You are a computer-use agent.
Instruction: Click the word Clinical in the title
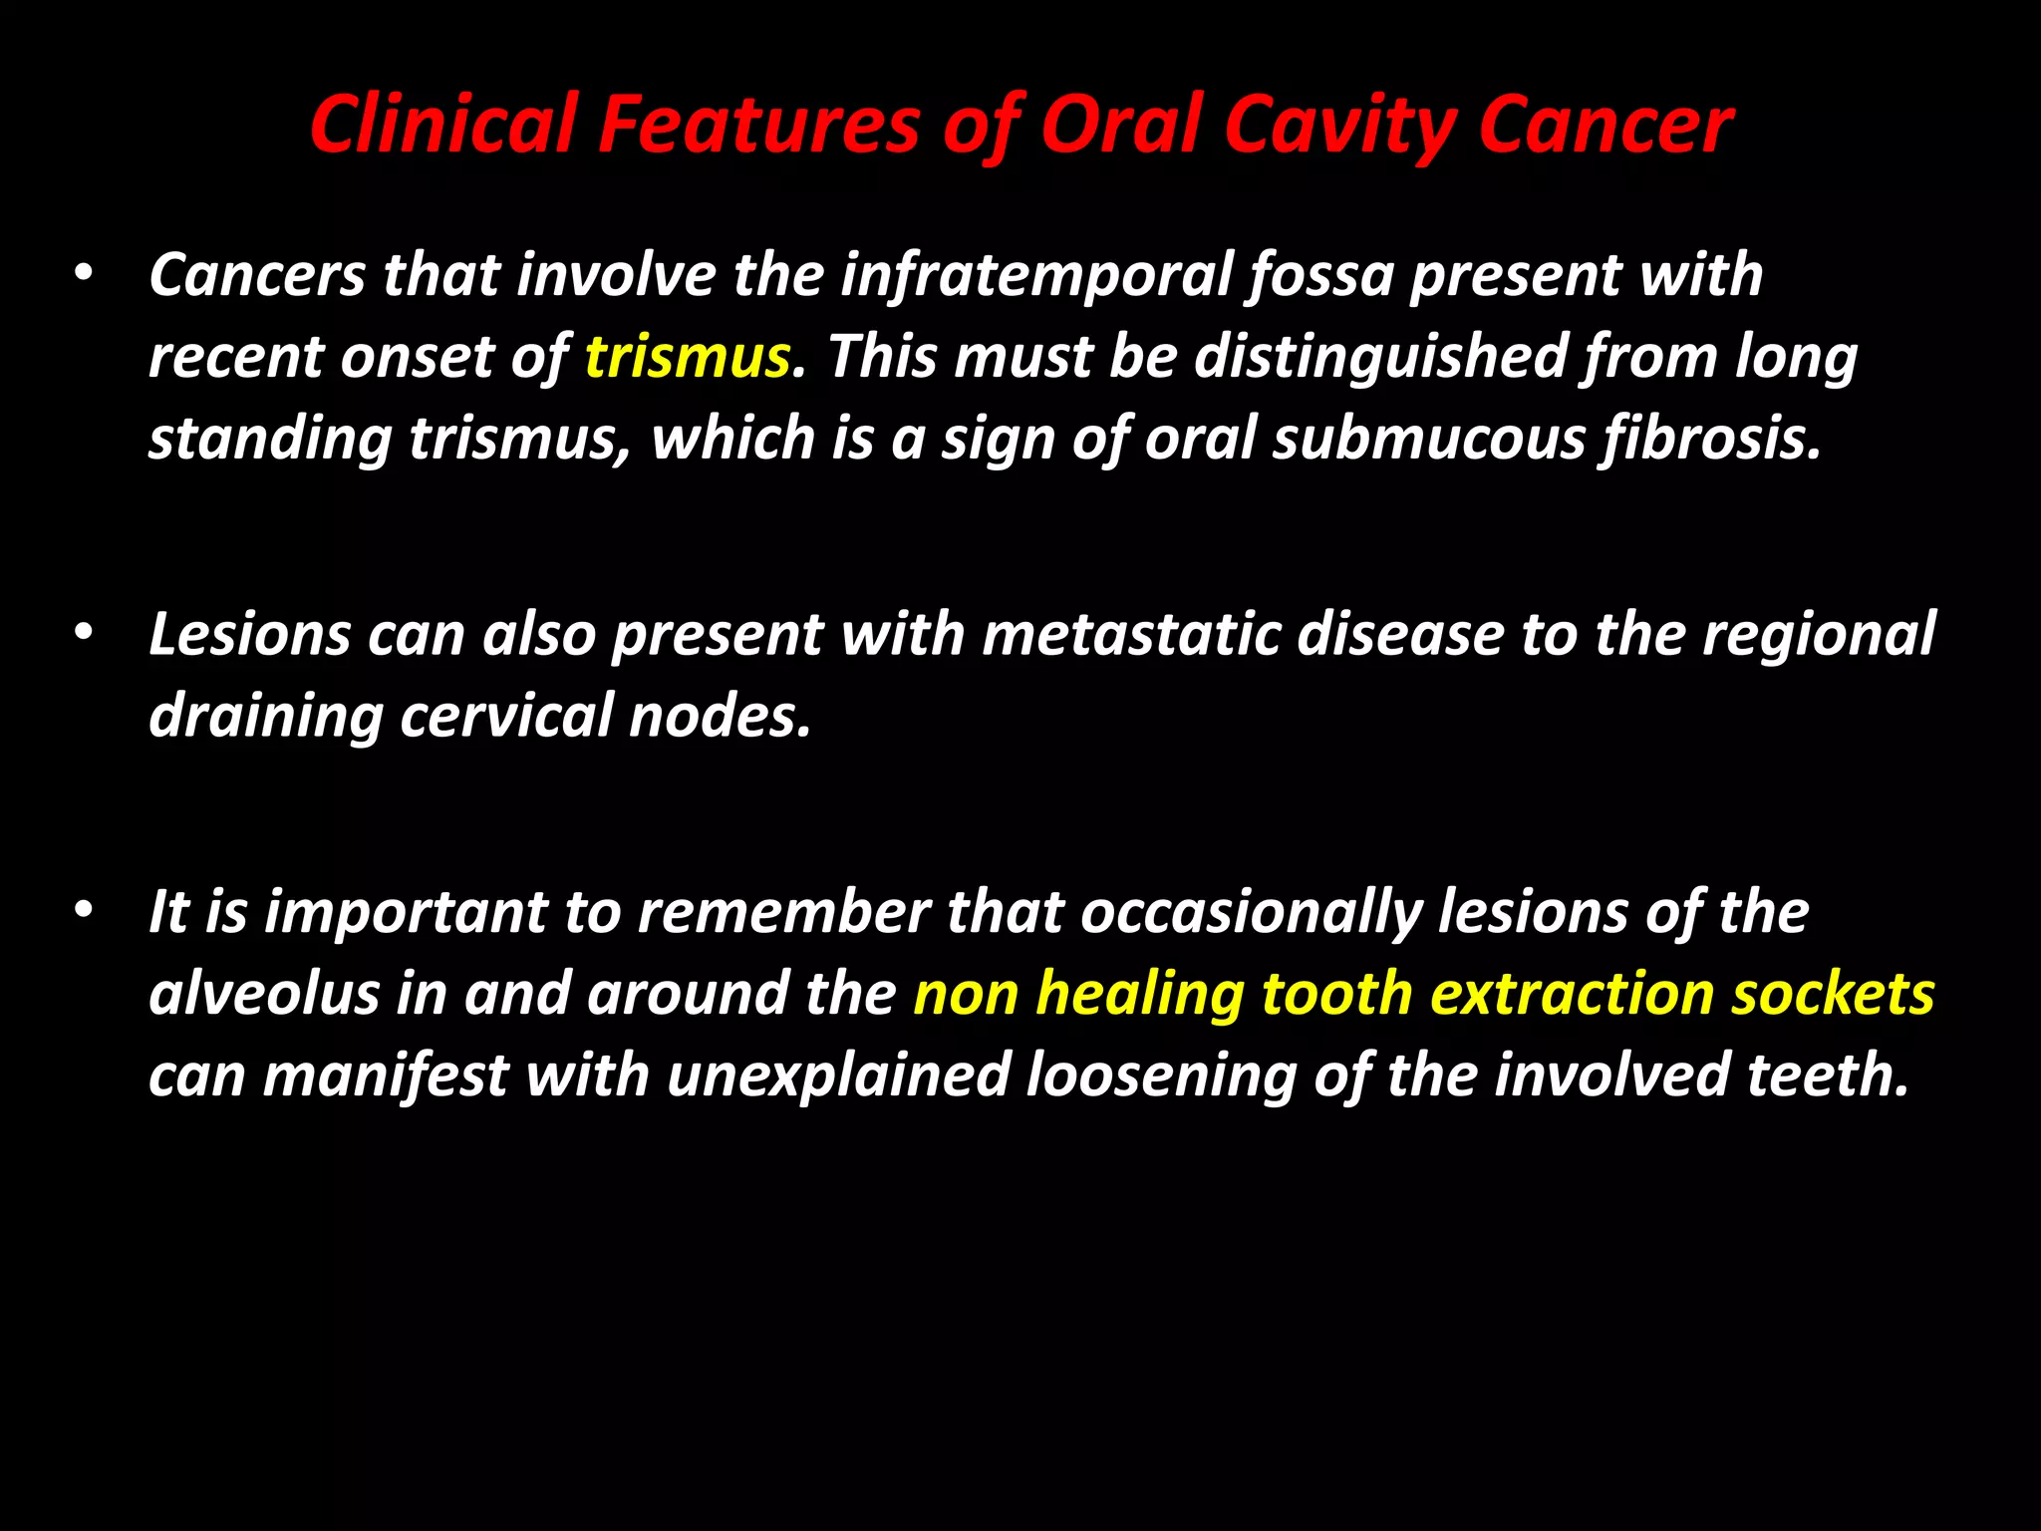pyautogui.click(x=442, y=125)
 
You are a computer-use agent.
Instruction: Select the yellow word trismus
pyautogui.click(x=688, y=357)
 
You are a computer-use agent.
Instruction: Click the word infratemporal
pyautogui.click(x=1036, y=275)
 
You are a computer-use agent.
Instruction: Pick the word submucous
pyautogui.click(x=1428, y=439)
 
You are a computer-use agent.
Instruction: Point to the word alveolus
pyautogui.click(x=264, y=994)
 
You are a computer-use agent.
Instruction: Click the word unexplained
pyautogui.click(x=838, y=1075)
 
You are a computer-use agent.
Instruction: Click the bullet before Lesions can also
pyautogui.click(x=84, y=632)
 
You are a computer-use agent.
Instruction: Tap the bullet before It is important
pyautogui.click(x=84, y=910)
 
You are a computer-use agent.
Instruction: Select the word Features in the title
pyautogui.click(x=757, y=125)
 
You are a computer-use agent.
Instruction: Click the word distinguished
pyautogui.click(x=1380, y=357)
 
